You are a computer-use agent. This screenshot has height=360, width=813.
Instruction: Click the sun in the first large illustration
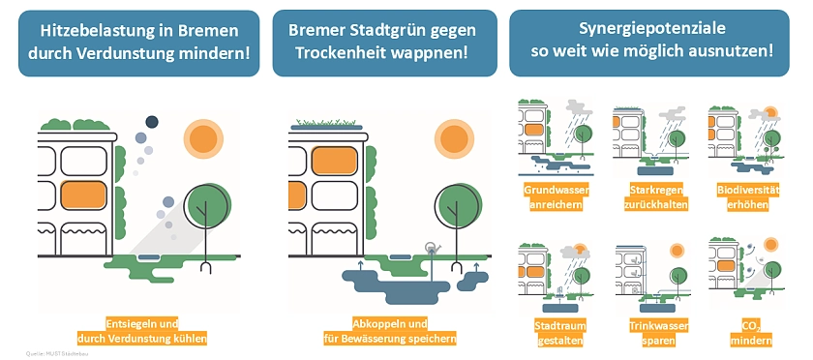(203, 138)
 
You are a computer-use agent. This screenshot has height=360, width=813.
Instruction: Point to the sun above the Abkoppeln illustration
(455, 138)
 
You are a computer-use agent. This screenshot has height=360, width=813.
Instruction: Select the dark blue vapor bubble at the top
(151, 121)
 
